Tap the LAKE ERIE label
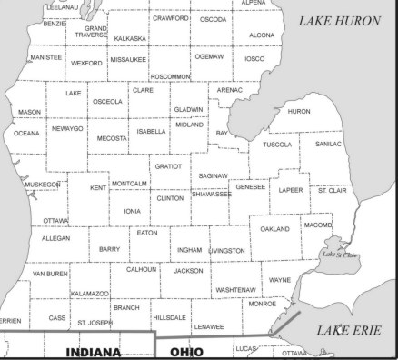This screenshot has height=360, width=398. click(349, 330)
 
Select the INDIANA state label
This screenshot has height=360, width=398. click(93, 351)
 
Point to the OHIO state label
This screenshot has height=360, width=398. click(186, 351)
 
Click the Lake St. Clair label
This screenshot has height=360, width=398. click(341, 255)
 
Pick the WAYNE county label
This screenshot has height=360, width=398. click(280, 280)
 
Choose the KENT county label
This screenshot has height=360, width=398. click(98, 188)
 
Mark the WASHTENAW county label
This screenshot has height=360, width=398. click(235, 289)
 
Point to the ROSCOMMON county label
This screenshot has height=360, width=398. click(170, 76)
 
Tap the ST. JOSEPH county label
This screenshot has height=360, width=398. click(95, 323)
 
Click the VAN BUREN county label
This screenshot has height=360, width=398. click(50, 273)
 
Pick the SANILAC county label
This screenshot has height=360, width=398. click(328, 144)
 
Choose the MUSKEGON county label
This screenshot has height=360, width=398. click(42, 185)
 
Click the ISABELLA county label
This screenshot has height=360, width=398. click(151, 131)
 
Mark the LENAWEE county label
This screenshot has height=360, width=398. click(208, 325)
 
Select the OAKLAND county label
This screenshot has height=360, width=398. click(274, 229)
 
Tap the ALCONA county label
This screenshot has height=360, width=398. click(262, 35)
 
